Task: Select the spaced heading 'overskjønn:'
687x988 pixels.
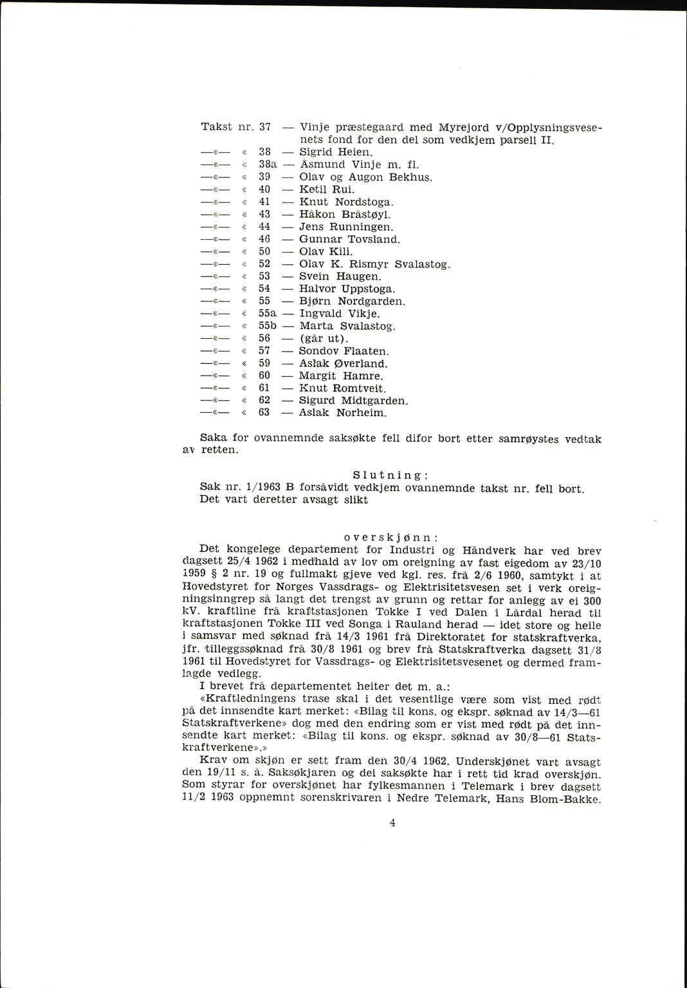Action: (391, 537)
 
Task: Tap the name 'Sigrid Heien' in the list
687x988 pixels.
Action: (336, 152)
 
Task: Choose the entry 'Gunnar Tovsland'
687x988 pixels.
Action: (350, 239)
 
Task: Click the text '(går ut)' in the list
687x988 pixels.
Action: (324, 339)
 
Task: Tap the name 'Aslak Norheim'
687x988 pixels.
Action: (343, 413)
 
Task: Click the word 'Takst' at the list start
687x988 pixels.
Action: (216, 127)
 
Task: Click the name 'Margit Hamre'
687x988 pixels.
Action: (341, 376)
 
